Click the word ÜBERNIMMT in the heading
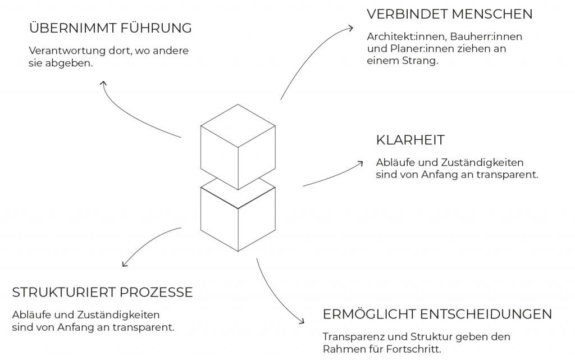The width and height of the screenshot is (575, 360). point(68,28)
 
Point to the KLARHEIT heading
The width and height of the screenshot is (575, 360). point(410,140)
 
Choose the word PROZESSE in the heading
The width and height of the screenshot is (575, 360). point(156,292)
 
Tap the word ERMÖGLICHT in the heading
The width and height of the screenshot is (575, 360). point(368,314)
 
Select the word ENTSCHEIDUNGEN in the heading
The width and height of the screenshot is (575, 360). point(486,314)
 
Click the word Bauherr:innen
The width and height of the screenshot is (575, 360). point(486,37)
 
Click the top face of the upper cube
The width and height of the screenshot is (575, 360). point(238,126)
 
